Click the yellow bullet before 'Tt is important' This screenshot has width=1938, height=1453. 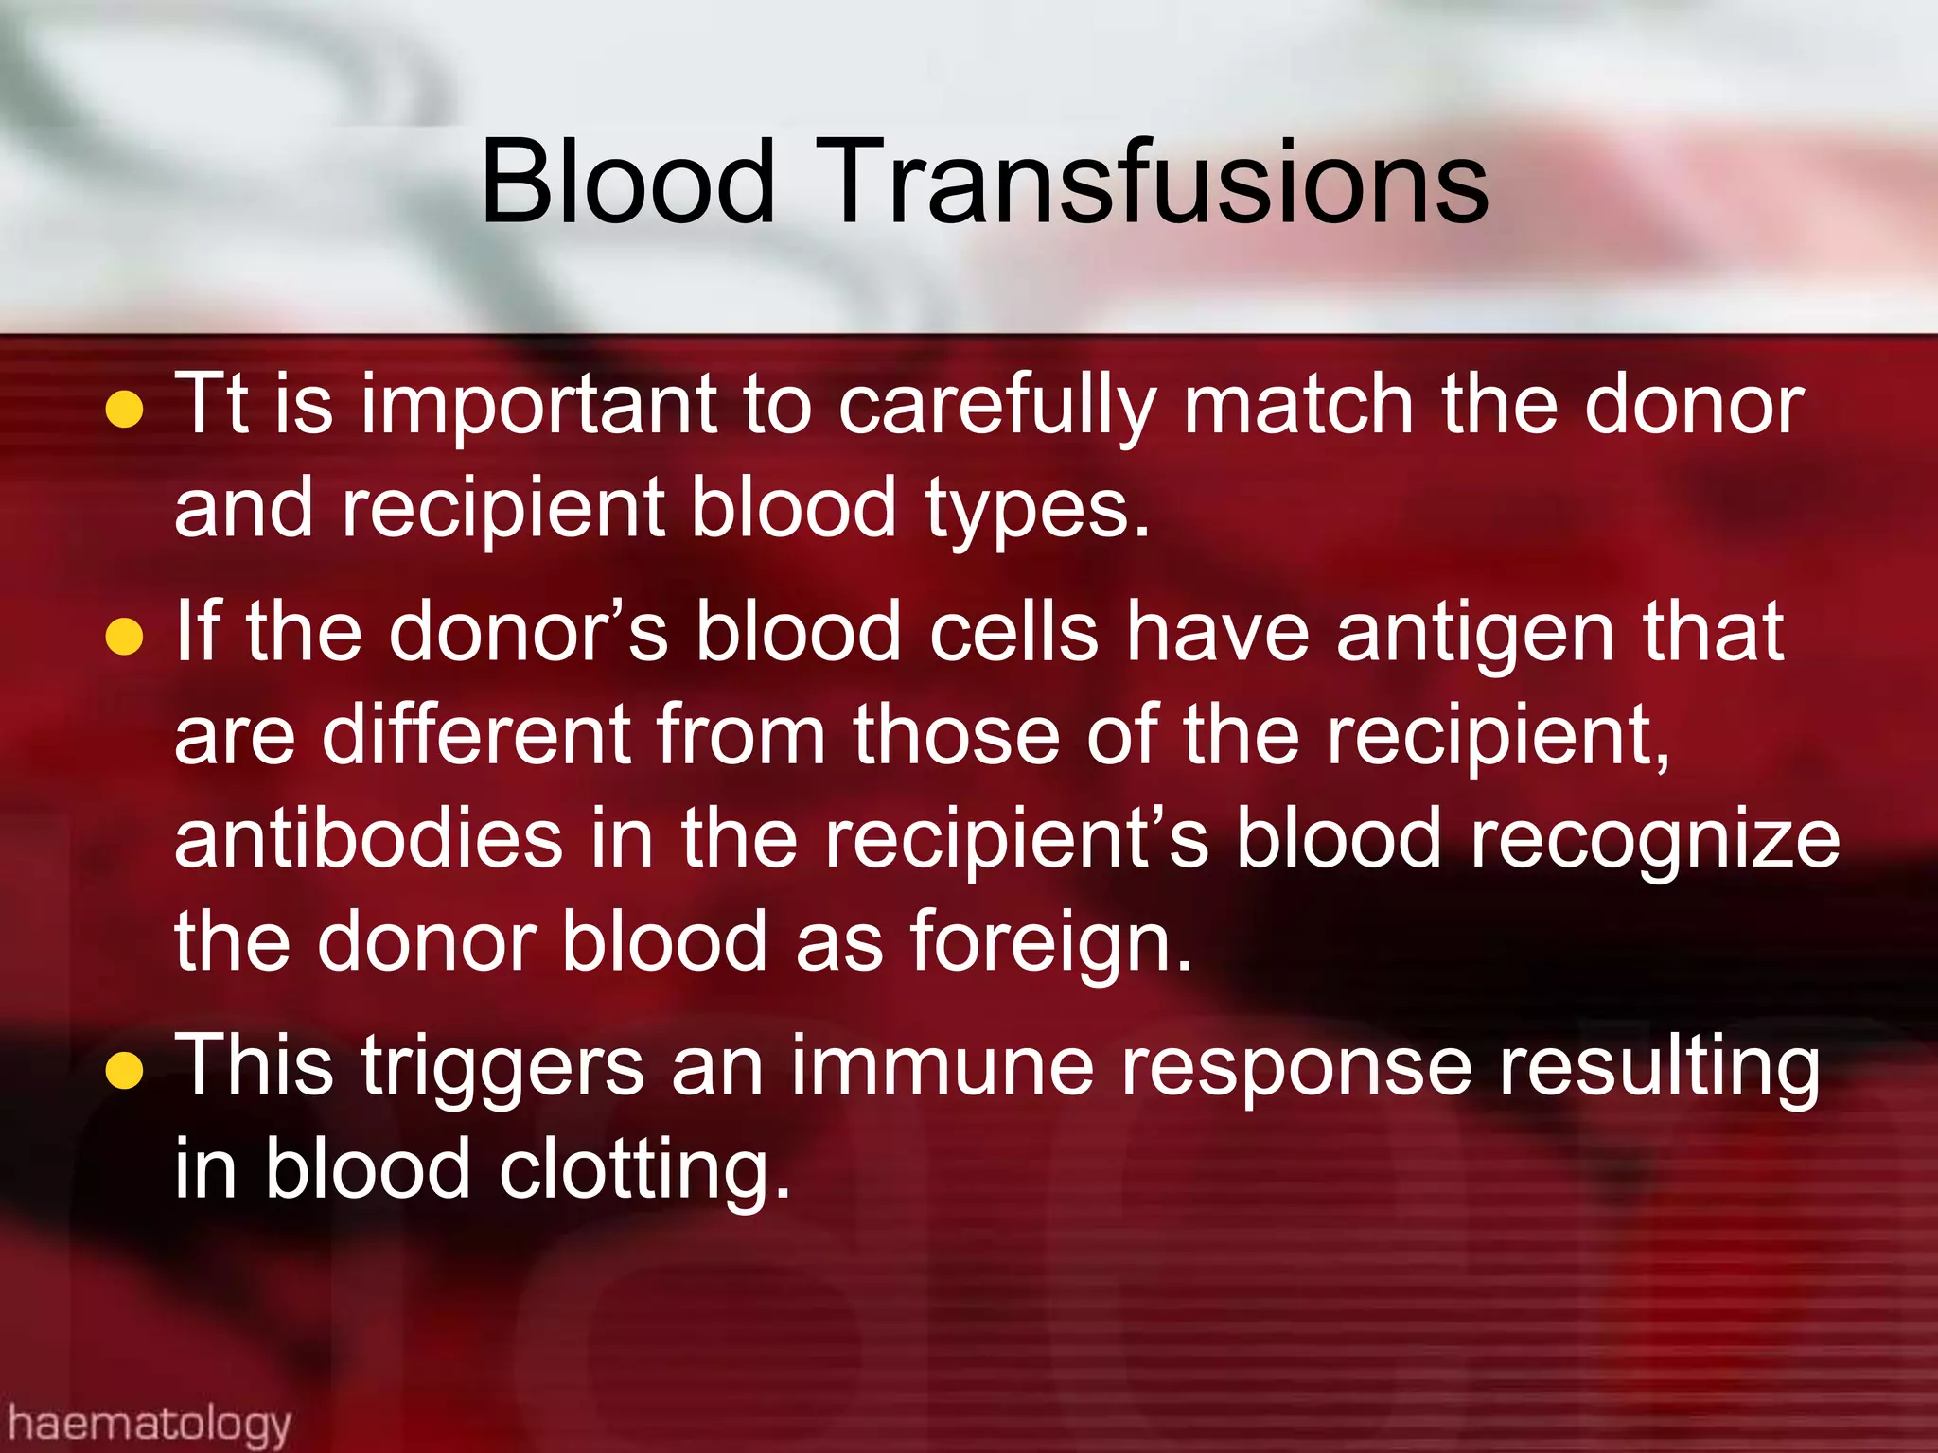(124, 410)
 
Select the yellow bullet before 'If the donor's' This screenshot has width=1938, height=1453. (124, 636)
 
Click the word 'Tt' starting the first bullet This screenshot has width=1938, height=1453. (212, 405)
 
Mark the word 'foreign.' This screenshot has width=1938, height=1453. (1051, 944)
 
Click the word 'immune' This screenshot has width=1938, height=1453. (943, 1067)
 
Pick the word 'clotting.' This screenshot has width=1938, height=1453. (644, 1171)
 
